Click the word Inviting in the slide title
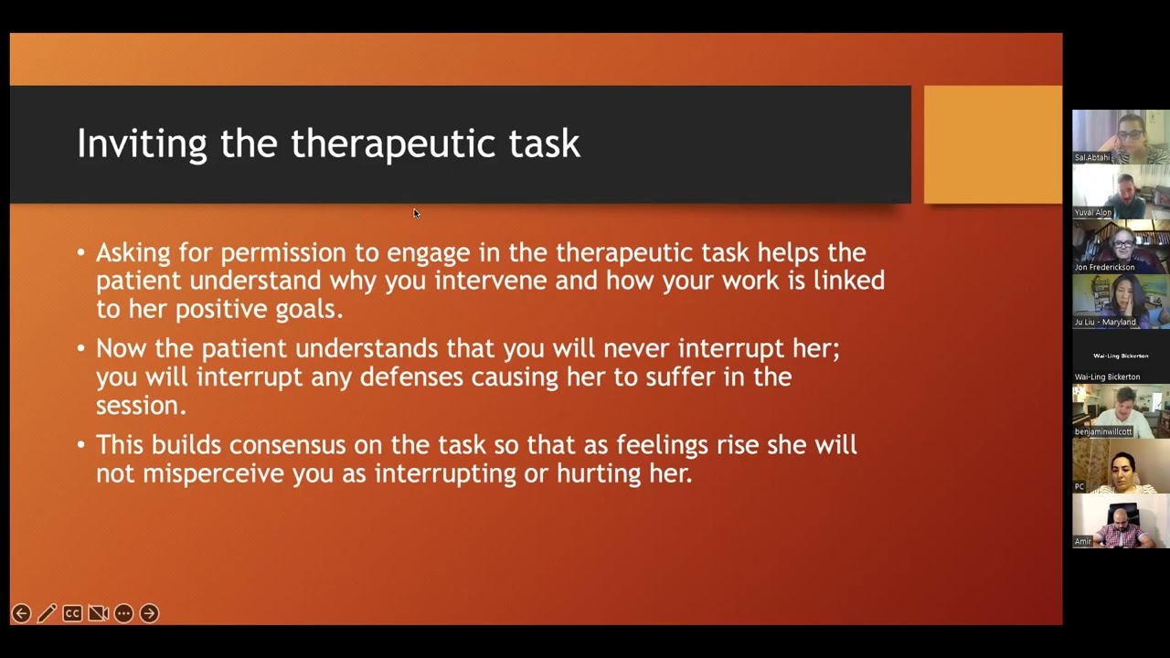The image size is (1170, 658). [142, 144]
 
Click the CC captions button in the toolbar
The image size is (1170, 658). [72, 613]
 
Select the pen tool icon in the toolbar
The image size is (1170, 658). [47, 613]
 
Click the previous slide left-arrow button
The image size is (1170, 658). [21, 613]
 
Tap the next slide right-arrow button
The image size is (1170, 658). [149, 613]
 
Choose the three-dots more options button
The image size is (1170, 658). [123, 613]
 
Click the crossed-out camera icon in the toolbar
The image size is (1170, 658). [98, 613]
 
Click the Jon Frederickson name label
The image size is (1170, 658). [1104, 268]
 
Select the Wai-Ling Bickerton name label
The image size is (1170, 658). [1107, 377]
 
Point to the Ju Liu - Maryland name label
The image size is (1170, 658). [1105, 323]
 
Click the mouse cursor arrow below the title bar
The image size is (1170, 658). [416, 214]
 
